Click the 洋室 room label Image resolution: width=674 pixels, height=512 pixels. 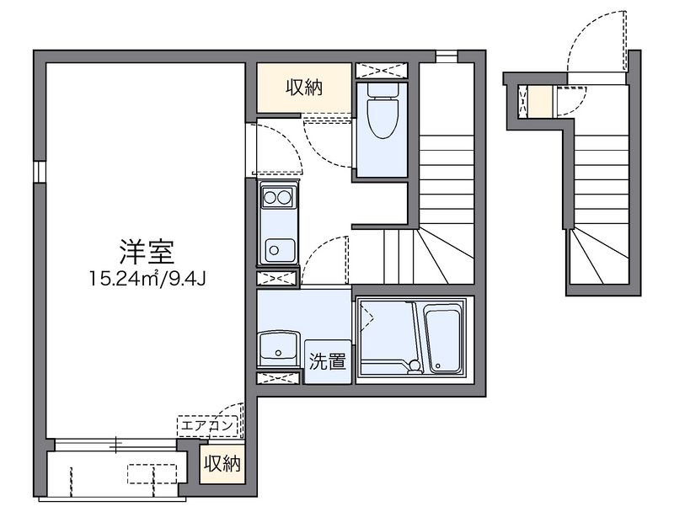point(140,250)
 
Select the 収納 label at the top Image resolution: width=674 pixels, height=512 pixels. point(303,87)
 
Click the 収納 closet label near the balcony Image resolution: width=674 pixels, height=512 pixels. point(222,463)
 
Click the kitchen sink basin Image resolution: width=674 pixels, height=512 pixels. point(277,249)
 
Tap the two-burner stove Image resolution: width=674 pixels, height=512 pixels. point(277,199)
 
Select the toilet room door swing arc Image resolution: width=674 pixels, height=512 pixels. point(329,143)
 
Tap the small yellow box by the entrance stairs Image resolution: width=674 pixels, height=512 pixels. point(538,102)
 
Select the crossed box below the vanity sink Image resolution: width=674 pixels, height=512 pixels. point(277,376)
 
